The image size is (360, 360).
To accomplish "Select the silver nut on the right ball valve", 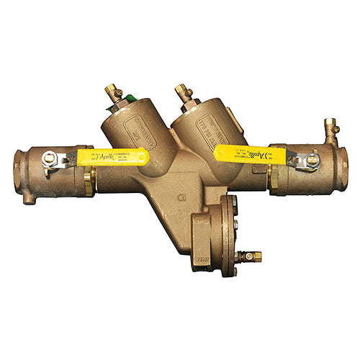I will [312, 161].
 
